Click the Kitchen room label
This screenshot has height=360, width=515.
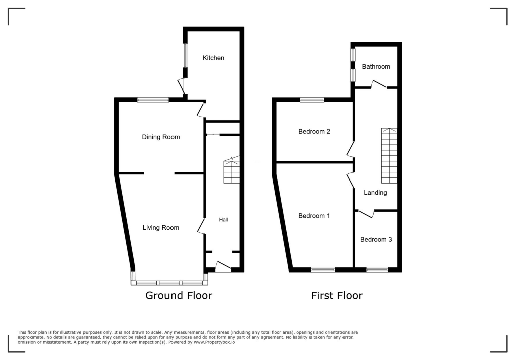[x=213, y=58]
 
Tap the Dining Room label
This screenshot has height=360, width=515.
[x=160, y=137]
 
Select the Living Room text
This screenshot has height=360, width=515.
[x=160, y=227]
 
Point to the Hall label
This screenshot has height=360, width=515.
[x=223, y=220]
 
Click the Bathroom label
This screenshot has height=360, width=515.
[x=376, y=66]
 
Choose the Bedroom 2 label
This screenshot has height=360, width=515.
[x=314, y=131]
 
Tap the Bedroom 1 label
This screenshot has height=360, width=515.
[x=314, y=216]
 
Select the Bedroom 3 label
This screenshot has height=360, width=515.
[x=376, y=239]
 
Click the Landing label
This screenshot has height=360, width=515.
[x=375, y=192]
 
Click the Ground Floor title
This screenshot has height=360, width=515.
[x=179, y=295]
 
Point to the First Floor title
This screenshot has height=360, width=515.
[x=336, y=295]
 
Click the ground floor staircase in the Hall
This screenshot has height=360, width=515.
[x=232, y=171]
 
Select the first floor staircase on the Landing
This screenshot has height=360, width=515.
[x=389, y=155]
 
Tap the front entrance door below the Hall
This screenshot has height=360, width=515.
[x=223, y=267]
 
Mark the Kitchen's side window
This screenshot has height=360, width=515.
[x=185, y=55]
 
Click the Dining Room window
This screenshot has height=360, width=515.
[x=153, y=100]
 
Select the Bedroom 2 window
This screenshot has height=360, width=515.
[x=312, y=100]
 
